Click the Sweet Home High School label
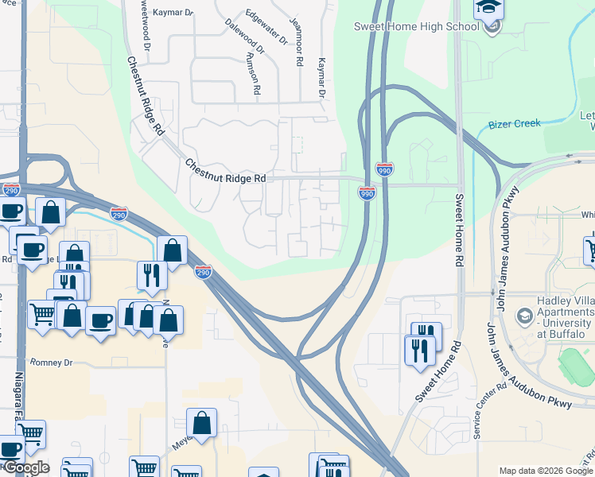pos(417,26)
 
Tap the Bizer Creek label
pos(514,124)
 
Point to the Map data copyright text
pos(546,471)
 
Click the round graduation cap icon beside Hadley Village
pos(523,316)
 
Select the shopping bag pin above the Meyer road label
pos(202,424)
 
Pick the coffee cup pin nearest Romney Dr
pos(100,321)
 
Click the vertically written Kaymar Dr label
pos(322,77)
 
